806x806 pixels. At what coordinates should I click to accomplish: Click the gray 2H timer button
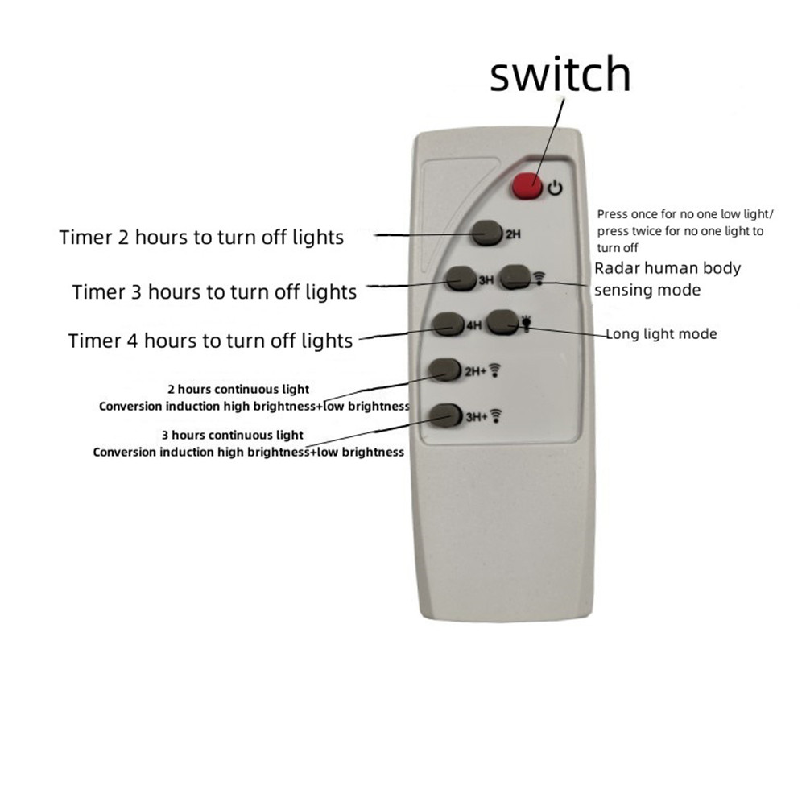coord(487,234)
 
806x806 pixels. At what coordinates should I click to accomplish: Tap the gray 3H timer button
coord(461,279)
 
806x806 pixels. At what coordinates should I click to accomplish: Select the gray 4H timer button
coord(448,324)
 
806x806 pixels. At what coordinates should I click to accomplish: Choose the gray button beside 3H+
coord(445,415)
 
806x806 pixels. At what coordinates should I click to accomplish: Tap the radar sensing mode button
coord(515,277)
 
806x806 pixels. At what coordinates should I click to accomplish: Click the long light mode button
coord(503,323)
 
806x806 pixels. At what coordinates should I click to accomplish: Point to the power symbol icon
coord(555,188)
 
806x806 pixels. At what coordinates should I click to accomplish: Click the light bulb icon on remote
coord(526,324)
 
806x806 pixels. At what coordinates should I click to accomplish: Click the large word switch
coord(560,74)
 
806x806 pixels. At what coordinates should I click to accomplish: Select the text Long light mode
coord(662,334)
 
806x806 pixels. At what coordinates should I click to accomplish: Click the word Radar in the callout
coord(617,268)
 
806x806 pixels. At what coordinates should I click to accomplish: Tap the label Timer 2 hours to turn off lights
coord(201,238)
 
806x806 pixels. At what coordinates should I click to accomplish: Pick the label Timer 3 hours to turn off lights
coord(214,292)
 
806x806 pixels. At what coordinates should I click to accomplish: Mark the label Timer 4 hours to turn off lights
coord(211,341)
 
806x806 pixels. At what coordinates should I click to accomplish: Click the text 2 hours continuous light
coord(238,390)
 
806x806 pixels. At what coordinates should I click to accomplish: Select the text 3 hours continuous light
coord(233,436)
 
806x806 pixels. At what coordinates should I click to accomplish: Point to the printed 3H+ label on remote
coord(477,417)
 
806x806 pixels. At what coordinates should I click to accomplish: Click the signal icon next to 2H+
coord(494,370)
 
